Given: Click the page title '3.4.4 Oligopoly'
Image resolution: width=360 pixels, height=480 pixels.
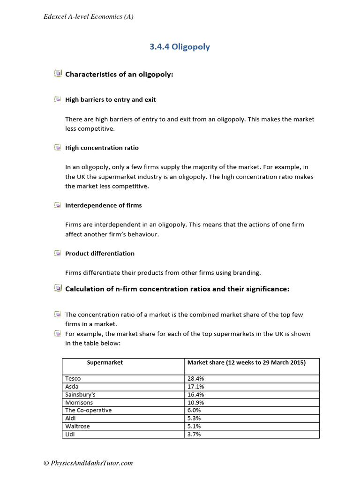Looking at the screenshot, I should coord(180,47).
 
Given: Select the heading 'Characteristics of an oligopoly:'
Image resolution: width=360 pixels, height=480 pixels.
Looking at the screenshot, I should coord(119,74).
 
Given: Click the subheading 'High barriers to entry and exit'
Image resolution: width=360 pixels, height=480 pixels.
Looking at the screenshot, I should coord(111,100).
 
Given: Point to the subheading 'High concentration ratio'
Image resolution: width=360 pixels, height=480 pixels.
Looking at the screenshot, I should coord(102,148).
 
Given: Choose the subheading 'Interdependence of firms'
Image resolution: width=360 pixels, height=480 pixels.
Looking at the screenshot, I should coord(103,205).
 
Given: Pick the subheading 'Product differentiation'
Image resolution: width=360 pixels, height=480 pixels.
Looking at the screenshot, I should coord(100,254).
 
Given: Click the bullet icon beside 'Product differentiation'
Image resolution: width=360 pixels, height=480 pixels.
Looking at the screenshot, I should coord(57,254).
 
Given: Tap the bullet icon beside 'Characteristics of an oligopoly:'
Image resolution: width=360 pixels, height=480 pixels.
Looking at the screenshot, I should coord(57,74).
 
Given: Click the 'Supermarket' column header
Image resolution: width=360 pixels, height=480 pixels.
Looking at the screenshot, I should coord(105,363).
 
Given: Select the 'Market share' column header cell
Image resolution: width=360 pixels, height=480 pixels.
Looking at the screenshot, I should coord(246,363).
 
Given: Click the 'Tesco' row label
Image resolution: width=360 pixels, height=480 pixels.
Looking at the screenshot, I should coord(73,379).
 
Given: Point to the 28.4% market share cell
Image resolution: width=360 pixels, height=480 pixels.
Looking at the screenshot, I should coord(196,379).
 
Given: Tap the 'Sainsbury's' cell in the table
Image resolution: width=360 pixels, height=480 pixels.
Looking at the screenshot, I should coord(81,395).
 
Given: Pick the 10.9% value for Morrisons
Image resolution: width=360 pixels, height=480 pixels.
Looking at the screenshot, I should coord(196,403).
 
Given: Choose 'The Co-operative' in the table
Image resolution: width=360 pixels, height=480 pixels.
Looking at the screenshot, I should coord(89,411).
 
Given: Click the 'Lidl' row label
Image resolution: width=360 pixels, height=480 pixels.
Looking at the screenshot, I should coord(70,435).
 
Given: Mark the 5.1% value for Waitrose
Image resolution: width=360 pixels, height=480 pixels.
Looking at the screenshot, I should coord(195,427).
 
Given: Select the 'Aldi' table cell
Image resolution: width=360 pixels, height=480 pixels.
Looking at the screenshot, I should coord(71,419).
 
